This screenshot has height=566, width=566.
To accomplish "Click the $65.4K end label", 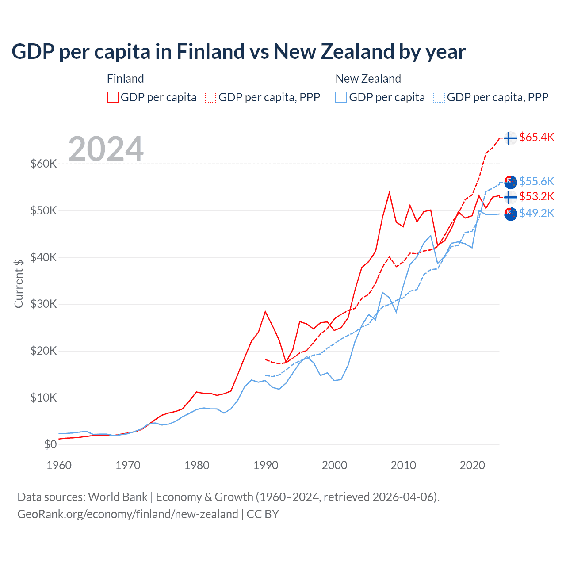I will click(x=536, y=137).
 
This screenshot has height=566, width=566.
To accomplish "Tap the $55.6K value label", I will click(x=536, y=181).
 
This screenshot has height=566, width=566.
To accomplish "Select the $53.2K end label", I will click(x=536, y=196).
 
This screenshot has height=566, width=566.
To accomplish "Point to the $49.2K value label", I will click(x=536, y=213).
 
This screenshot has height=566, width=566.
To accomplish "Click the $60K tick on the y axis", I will click(x=43, y=164).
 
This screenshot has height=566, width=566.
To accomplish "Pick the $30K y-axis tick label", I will click(x=43, y=304).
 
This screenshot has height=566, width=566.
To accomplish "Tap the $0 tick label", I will click(x=50, y=444).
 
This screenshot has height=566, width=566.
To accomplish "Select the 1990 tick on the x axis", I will click(x=266, y=465).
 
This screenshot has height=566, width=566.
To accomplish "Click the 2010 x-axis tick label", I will click(x=403, y=465).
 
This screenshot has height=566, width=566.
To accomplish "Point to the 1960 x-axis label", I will click(x=59, y=465).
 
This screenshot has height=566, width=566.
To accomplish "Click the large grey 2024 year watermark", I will click(x=106, y=149).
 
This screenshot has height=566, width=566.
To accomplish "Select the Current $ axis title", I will click(x=19, y=283).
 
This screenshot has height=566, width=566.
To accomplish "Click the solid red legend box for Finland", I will click(x=113, y=97).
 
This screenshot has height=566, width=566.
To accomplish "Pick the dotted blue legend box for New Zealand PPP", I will click(x=439, y=97).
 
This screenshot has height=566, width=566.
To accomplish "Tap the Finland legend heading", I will click(x=125, y=79).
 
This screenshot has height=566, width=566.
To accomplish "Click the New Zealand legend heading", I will click(x=368, y=79).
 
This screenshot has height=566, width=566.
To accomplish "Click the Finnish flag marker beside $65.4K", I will click(x=510, y=138).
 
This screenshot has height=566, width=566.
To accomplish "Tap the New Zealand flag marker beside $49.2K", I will click(x=510, y=214).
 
